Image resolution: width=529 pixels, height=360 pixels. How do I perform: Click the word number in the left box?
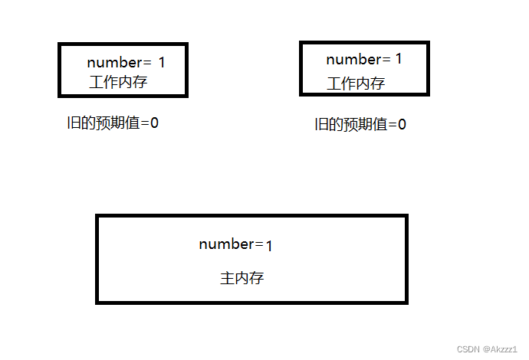(x=113, y=63)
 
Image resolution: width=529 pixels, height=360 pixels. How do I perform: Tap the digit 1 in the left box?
(x=162, y=62)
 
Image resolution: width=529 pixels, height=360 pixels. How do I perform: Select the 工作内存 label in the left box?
(x=117, y=82)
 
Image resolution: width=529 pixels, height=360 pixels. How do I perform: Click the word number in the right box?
(x=353, y=60)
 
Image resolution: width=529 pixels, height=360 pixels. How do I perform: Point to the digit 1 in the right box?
(x=399, y=59)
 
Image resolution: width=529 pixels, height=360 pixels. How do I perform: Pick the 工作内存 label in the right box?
(x=356, y=83)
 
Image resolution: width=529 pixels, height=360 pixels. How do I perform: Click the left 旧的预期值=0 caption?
(x=113, y=123)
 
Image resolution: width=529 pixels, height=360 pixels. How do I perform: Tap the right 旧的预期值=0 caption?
(x=360, y=125)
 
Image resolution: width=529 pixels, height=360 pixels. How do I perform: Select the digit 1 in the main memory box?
(x=270, y=246)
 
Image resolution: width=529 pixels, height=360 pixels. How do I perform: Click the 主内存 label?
(x=242, y=279)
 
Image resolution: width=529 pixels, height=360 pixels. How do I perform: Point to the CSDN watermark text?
(x=468, y=349)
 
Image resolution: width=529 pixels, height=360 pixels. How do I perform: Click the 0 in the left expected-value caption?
(x=154, y=123)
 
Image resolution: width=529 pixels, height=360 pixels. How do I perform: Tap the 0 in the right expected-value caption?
(x=402, y=125)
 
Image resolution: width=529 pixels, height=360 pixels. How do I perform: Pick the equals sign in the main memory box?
(x=259, y=244)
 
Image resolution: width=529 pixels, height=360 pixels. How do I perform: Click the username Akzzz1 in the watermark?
(x=504, y=349)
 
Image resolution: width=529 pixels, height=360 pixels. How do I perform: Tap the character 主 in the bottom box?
(x=228, y=279)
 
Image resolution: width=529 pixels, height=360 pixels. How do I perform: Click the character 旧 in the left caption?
(x=73, y=123)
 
